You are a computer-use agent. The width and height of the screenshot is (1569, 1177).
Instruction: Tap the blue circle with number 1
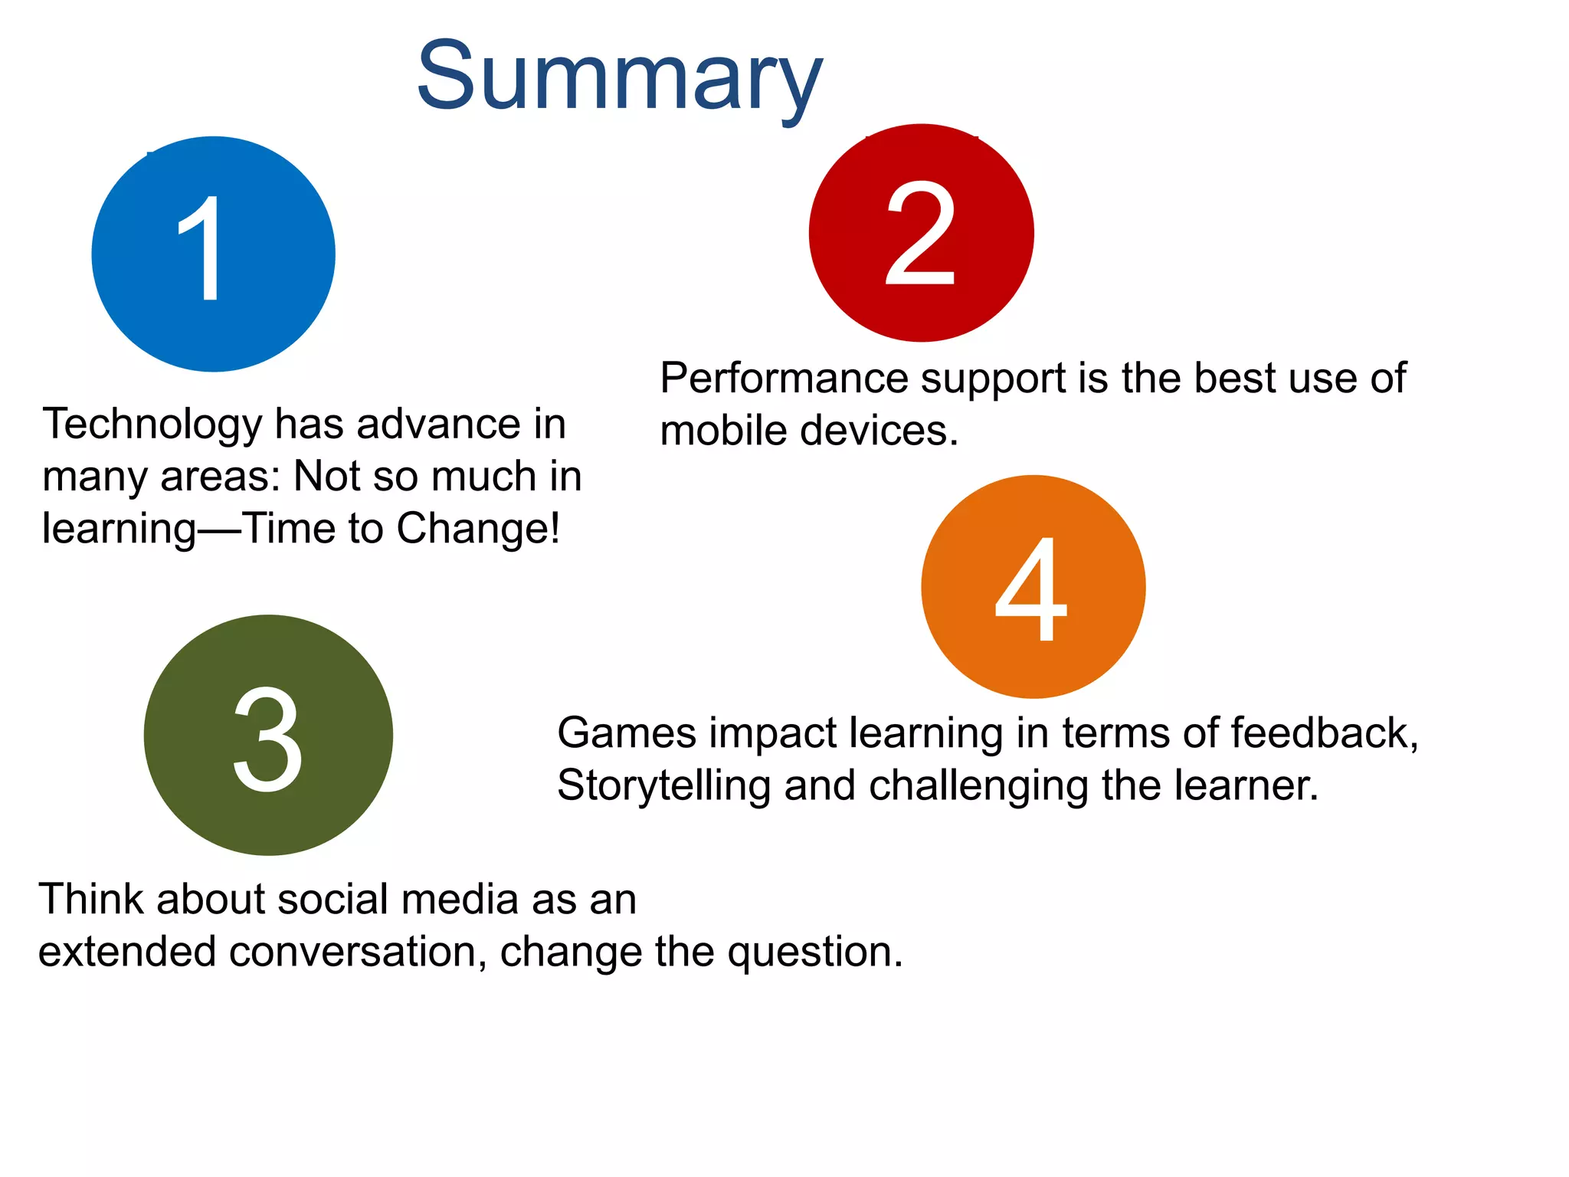[213, 254]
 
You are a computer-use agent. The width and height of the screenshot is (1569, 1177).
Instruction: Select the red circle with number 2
[921, 233]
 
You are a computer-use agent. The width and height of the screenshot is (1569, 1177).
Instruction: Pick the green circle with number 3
[268, 736]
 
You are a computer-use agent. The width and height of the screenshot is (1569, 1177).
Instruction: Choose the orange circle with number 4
[1033, 587]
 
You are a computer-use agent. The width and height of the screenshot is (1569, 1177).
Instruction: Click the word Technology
[152, 425]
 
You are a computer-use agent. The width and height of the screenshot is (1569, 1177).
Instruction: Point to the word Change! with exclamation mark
[478, 529]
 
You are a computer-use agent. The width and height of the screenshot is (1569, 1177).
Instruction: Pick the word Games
[627, 733]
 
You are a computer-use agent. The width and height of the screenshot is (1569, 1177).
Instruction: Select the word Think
[91, 900]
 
